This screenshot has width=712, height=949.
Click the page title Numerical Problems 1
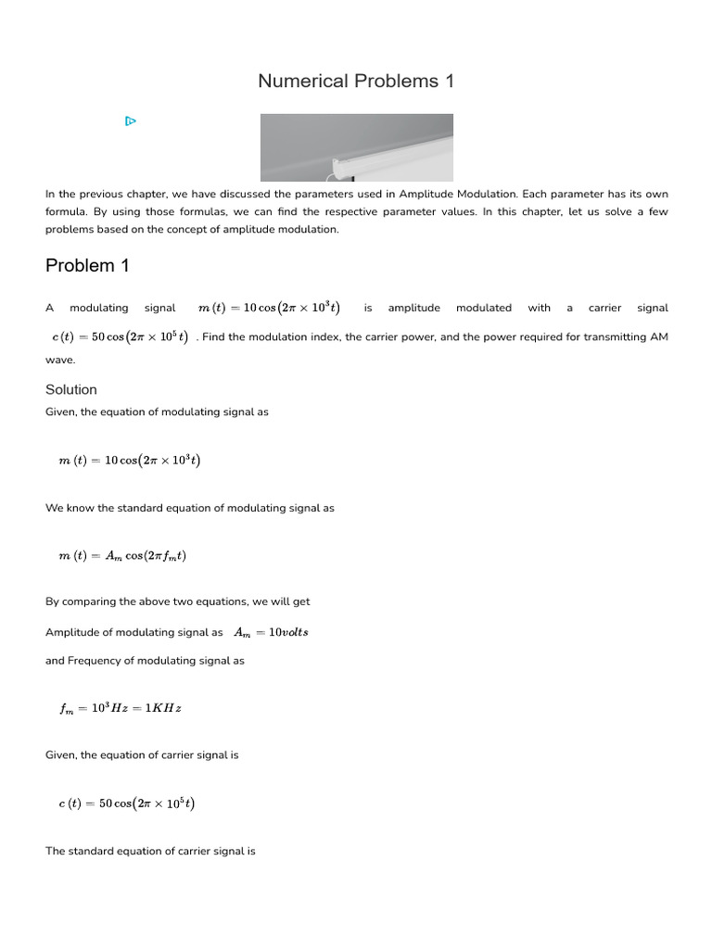tap(356, 82)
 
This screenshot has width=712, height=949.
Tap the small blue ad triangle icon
tap(131, 120)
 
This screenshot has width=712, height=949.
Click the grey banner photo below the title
tap(356, 147)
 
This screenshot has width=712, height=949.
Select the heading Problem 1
tap(87, 266)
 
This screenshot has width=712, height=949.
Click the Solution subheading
tap(71, 389)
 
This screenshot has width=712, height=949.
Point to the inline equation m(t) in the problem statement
tap(269, 308)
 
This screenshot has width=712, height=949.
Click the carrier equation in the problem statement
tap(120, 337)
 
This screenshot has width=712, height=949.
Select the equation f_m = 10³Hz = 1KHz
tap(121, 709)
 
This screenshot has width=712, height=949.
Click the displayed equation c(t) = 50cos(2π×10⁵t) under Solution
tap(126, 804)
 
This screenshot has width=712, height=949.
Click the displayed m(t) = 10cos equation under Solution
tap(129, 461)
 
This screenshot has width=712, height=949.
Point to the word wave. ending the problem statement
tap(60, 360)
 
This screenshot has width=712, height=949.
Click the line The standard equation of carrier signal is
tap(150, 851)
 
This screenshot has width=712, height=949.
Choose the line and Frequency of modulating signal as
tap(145, 661)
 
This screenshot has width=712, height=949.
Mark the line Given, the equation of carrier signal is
tap(142, 755)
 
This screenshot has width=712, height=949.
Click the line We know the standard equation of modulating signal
tap(190, 508)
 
